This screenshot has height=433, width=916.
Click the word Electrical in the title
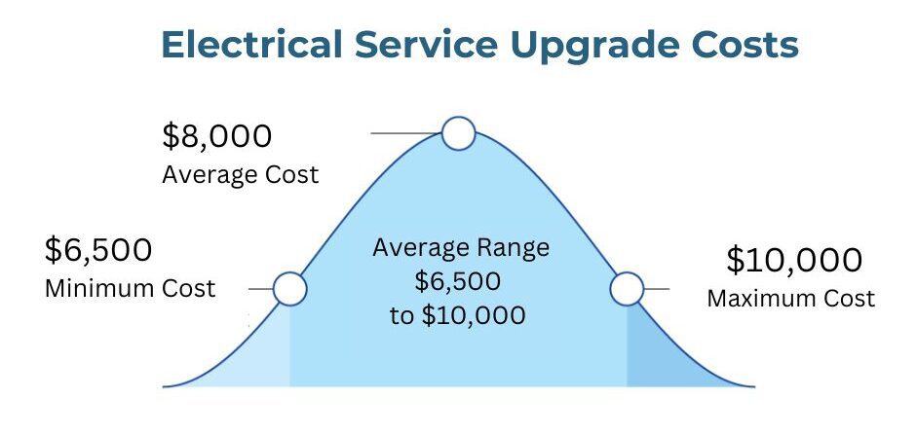251,45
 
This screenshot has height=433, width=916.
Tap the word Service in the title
426,45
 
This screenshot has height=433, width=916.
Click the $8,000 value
216,136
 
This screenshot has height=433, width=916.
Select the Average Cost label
241,175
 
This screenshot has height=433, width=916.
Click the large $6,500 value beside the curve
98,250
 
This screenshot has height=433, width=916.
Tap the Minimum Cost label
131,288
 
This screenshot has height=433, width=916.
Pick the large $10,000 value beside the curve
794,260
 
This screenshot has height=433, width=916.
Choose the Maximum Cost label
791,298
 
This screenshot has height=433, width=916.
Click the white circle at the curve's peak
459,133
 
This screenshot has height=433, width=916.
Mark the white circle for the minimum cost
289,289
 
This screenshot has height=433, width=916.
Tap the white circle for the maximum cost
627,289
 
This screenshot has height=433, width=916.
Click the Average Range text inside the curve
461,248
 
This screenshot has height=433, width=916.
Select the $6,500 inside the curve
458,281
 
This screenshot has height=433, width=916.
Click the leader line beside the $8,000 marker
406,133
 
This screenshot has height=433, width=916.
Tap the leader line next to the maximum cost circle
656,289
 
